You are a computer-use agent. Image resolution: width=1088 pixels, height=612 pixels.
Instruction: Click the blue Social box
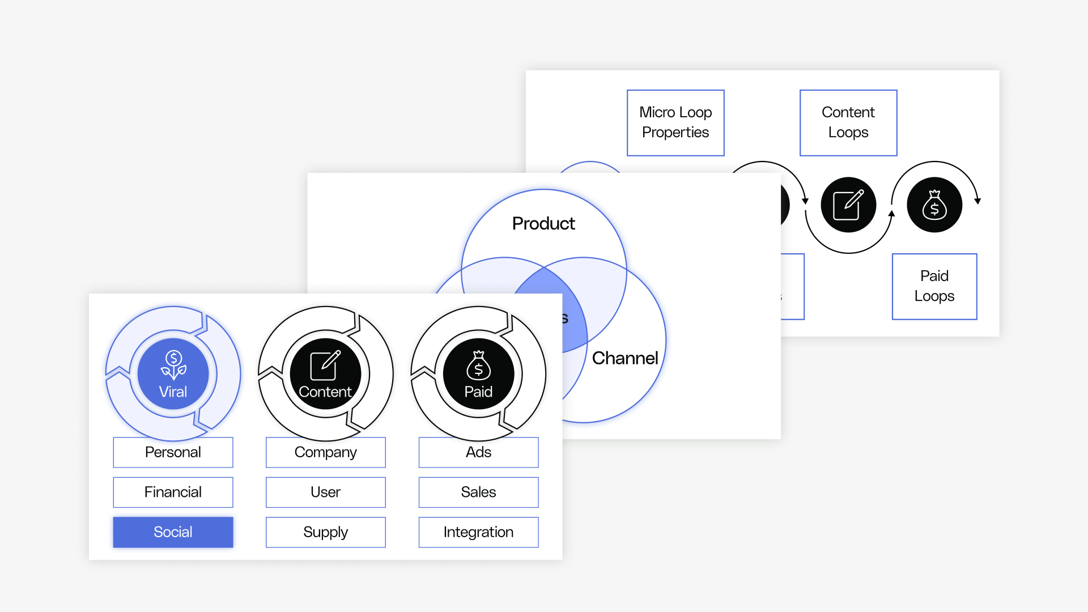coord(173,532)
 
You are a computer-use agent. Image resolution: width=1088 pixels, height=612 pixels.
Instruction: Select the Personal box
coord(173,452)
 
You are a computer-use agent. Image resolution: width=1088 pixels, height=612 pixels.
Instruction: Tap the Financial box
coord(173,492)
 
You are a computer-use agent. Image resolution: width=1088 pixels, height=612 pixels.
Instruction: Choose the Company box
coord(325,452)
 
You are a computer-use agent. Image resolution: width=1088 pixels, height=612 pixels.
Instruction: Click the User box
coord(325,492)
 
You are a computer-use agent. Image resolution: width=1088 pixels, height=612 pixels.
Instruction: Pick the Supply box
coord(325,532)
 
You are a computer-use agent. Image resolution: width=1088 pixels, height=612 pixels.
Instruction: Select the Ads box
coord(478,452)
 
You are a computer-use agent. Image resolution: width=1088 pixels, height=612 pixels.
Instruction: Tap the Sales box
coord(478,492)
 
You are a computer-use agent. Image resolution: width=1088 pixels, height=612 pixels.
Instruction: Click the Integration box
coord(478,532)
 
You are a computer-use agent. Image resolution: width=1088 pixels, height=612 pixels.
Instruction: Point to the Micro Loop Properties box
coord(675,122)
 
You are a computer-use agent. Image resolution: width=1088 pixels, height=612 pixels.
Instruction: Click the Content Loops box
coord(848,122)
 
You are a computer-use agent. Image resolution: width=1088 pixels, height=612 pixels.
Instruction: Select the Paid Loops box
coord(934,286)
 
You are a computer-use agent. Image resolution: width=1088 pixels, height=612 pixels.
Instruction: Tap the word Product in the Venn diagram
coord(543,223)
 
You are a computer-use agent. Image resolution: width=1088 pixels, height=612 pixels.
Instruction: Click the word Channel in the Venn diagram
coord(625,358)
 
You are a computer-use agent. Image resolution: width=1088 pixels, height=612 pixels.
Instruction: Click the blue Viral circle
coord(173,373)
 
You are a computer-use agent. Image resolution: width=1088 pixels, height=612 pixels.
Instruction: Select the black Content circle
coord(325,373)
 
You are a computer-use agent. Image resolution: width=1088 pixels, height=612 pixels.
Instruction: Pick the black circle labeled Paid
coord(478,373)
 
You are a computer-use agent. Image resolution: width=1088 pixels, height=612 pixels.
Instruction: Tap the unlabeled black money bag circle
coord(934,205)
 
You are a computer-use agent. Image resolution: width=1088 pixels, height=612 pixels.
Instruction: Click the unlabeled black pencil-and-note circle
coord(848,205)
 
